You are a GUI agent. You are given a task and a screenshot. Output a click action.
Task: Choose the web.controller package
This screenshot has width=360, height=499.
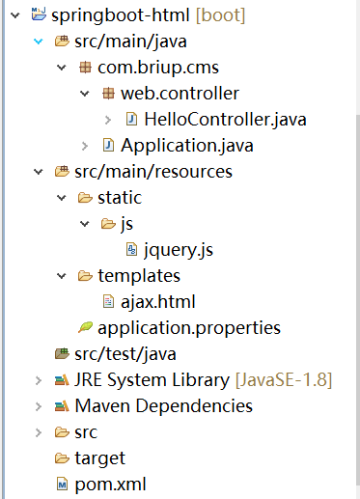[180, 95]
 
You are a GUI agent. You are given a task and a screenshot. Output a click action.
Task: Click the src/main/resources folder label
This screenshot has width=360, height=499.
[152, 172]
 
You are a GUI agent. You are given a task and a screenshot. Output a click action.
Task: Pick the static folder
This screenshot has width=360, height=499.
[119, 198]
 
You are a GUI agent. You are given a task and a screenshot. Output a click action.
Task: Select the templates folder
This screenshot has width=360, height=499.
[138, 276]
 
